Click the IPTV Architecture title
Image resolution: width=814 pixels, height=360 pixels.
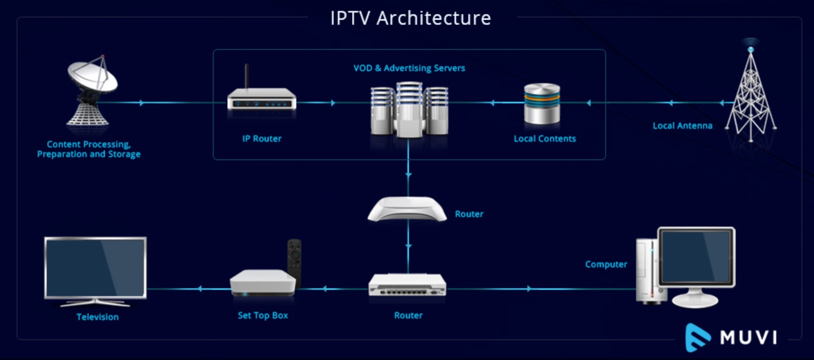[410, 18]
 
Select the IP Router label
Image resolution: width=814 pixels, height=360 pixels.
[262, 139]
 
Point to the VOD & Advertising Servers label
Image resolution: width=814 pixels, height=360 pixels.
[409, 68]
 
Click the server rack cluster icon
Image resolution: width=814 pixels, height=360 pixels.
[409, 109]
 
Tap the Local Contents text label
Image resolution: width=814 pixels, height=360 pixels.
[544, 139]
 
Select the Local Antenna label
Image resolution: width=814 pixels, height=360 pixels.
[682, 126]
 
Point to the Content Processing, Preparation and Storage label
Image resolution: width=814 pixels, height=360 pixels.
[89, 149]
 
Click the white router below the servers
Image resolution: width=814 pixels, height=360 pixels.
[407, 209]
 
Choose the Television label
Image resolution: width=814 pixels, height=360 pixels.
[98, 317]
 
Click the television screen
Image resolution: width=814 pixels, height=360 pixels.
[96, 268]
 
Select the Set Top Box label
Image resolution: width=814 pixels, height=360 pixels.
[263, 315]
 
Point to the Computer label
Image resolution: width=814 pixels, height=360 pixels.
[606, 264]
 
